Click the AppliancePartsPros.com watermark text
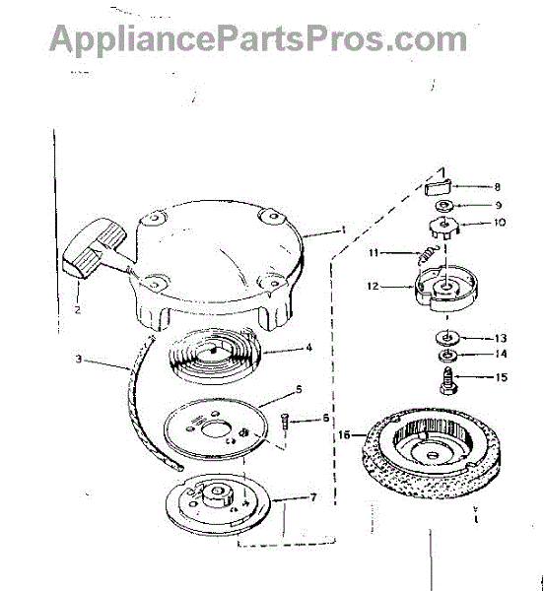coord(258,38)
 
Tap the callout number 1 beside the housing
coord(343,230)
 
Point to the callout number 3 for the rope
coord(79,359)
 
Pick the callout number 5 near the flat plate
coord(299,389)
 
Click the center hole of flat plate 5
coord(216,429)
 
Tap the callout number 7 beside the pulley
coord(313,497)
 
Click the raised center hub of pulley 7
coord(217,493)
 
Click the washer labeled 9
coord(444,205)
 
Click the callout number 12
coord(373,286)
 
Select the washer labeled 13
coord(445,337)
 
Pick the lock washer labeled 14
coord(446,355)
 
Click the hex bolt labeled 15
coord(447,380)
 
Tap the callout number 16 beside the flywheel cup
coord(344,435)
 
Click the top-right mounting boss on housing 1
coord(271,217)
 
